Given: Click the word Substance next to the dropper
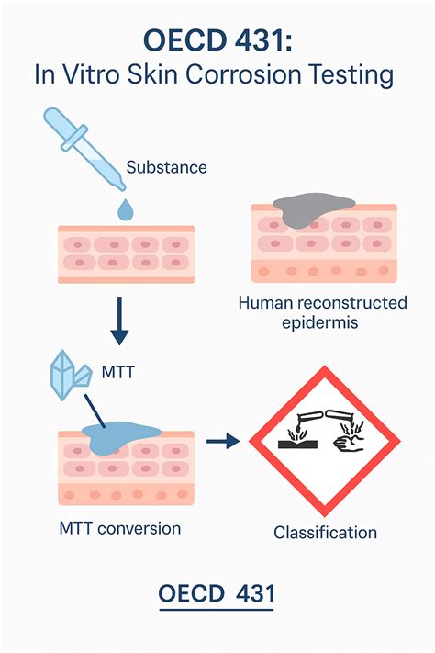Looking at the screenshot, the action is tap(166, 167).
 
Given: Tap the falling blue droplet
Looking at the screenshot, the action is tap(126, 209).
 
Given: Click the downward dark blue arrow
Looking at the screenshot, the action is tap(119, 321).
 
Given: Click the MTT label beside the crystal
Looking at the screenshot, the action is tap(118, 372).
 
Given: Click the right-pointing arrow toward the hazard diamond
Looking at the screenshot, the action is tap(223, 441).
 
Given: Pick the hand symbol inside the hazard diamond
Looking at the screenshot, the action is tap(349, 443).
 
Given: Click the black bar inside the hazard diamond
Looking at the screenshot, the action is tap(297, 445).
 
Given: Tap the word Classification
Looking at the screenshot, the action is tap(325, 533).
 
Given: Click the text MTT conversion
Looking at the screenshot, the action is tap(120, 528).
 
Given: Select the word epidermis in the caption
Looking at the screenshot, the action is tap(319, 323).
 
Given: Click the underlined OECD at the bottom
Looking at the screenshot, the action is tap(191, 593).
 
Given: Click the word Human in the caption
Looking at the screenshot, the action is tap(265, 303).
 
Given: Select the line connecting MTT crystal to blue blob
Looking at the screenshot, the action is tap(95, 411).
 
